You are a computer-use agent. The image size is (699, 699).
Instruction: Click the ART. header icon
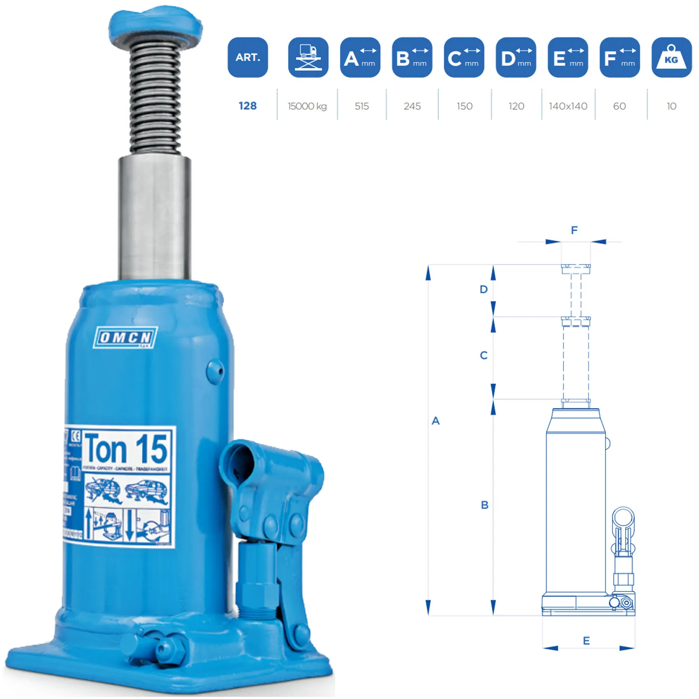pos(247,57)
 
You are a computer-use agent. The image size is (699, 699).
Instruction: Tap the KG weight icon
pos(671,57)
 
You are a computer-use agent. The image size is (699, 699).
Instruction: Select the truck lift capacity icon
pos(308,57)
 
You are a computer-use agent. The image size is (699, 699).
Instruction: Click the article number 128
pos(247,106)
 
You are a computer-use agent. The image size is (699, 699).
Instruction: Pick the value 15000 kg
pos(307,106)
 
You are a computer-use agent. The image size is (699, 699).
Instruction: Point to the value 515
pos(361,106)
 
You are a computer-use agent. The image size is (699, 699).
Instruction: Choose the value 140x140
pos(568,106)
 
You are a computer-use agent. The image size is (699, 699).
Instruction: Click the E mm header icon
pos(568,57)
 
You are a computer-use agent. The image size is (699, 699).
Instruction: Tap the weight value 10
pos(671,106)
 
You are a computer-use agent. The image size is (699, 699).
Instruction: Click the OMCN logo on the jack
pos(125,337)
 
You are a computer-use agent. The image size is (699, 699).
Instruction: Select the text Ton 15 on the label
pos(126,449)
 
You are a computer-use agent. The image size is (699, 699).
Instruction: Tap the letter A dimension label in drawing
pos(435,421)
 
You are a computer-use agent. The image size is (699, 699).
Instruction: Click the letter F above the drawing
pos(574,230)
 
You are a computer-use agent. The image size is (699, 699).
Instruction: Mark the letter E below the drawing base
pos(586,640)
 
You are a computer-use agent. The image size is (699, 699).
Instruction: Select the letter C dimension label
pos(483,355)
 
